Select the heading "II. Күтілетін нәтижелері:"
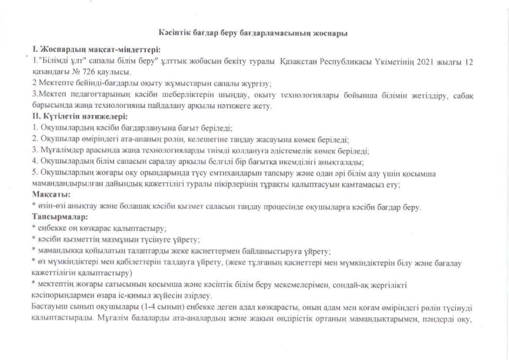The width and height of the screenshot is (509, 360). [x=80, y=116]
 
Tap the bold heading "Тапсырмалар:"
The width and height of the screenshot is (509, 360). [x=60, y=217]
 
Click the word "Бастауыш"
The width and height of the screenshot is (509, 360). [x=48, y=308]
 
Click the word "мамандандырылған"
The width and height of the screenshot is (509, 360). [x=65, y=184]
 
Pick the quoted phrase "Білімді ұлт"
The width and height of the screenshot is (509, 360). [x=60, y=61]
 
